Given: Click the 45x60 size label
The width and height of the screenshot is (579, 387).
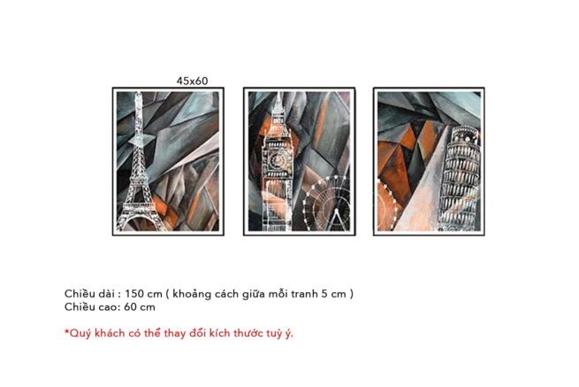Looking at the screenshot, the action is tap(192, 81).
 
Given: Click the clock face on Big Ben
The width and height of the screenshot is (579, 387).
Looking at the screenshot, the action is tap(277, 159).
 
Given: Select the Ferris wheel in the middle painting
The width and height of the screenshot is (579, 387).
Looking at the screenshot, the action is tap(326, 203).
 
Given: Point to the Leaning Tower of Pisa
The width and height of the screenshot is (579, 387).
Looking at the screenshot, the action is tap(460, 178).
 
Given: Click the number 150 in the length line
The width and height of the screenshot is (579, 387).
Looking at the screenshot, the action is tap(134, 294).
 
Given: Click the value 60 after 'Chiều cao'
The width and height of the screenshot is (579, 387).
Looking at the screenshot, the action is tap(129, 307).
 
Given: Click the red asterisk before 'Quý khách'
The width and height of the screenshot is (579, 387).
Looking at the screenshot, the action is tap(67, 331).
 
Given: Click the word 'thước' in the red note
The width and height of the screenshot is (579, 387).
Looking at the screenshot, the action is tap(249, 333).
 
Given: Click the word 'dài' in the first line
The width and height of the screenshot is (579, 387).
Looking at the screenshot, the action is tap(106, 294).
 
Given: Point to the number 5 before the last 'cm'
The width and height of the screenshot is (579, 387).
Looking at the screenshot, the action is tap(324, 294).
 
